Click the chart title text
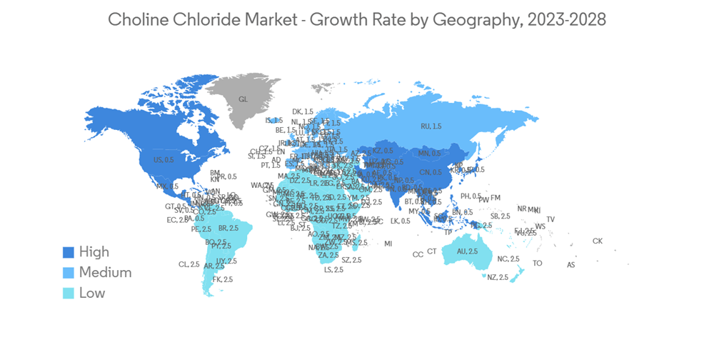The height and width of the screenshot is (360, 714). (x=357, y=19)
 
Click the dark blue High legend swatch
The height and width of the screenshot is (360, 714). (x=69, y=251)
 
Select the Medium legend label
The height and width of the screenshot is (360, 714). (x=105, y=272)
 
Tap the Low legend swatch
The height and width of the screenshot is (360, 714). (x=69, y=293)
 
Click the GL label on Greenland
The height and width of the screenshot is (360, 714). (x=243, y=99)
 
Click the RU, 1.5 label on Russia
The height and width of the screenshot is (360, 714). (x=431, y=126)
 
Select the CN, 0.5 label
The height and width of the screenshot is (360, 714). (x=430, y=172)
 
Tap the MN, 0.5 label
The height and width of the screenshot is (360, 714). (x=429, y=154)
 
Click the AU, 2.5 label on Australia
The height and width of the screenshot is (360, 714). (x=468, y=251)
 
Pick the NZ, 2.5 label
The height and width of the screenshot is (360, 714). (x=498, y=277)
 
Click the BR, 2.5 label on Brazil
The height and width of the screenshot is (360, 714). (x=228, y=229)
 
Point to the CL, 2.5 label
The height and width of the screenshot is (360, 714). (x=188, y=264)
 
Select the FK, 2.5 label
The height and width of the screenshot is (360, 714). (x=223, y=279)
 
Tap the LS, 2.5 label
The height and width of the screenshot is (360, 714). (x=333, y=270)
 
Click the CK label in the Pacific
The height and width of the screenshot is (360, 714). (x=597, y=241)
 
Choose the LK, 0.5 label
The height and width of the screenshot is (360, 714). (x=401, y=221)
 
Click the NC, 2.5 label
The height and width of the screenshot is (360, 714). (x=508, y=259)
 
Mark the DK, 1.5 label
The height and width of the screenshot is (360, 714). (x=303, y=111)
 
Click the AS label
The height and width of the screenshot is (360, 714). (x=570, y=265)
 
